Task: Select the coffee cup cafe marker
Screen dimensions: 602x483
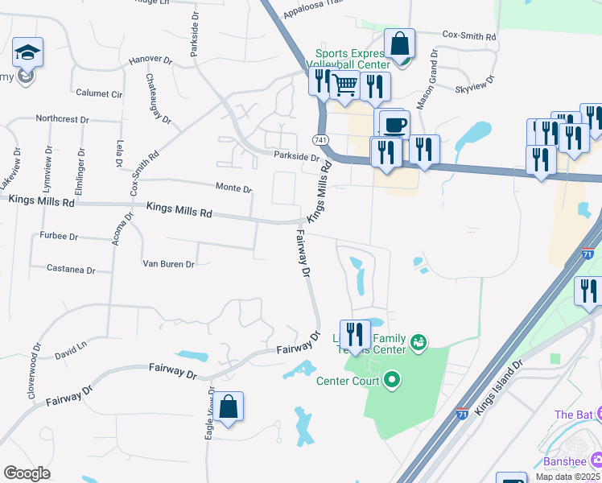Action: point(394,125)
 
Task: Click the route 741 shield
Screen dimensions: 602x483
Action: point(321,139)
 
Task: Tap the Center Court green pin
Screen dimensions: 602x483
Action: point(392,378)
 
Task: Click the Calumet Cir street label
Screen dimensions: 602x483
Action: point(99,93)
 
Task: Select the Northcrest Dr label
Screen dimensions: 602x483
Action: point(62,119)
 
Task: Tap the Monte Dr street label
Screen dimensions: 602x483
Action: point(234,188)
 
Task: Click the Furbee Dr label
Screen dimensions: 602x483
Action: point(59,237)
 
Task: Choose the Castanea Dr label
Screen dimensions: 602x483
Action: point(71,269)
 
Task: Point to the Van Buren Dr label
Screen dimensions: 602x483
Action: point(168,263)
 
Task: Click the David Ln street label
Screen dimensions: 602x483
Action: point(71,351)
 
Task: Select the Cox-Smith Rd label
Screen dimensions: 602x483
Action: point(469,36)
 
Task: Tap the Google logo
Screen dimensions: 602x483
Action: point(27,473)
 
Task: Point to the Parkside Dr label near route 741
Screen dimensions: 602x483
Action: point(297,156)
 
